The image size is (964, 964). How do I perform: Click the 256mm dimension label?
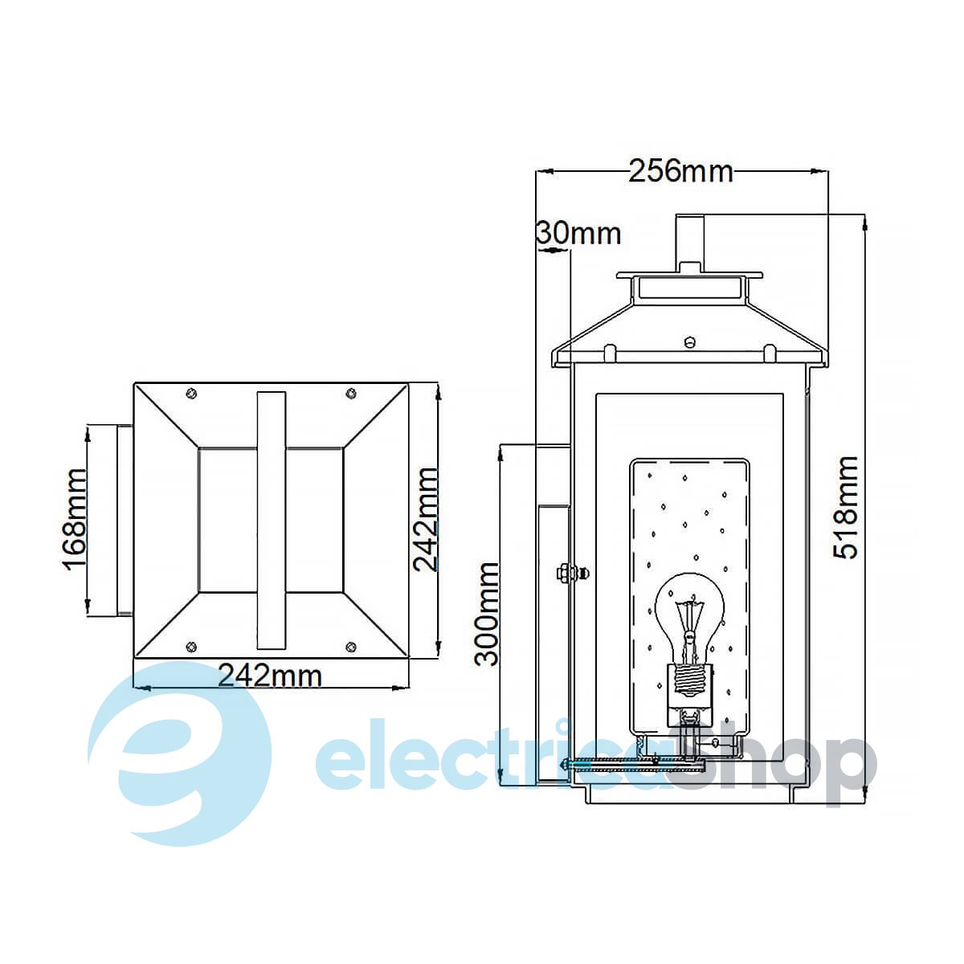click(x=680, y=171)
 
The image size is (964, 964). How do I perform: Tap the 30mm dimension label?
click(x=578, y=233)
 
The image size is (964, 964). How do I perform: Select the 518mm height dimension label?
click(x=846, y=507)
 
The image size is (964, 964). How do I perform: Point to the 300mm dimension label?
click(x=486, y=614)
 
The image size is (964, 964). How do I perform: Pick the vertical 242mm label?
click(x=426, y=519)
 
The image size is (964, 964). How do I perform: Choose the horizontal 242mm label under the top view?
click(x=270, y=676)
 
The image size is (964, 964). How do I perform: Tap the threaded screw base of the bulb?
click(x=690, y=680)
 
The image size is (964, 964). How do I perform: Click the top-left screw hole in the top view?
click(x=191, y=393)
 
